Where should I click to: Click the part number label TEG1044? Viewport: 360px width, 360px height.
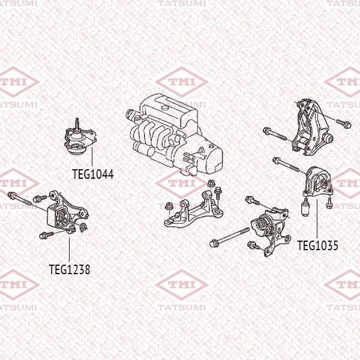tap(93, 174)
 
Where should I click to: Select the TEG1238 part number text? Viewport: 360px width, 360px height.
tap(70, 269)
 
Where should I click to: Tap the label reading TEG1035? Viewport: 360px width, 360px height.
tap(317, 245)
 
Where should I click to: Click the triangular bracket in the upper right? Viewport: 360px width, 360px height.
tap(310, 127)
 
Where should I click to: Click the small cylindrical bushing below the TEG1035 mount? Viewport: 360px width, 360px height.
tap(305, 208)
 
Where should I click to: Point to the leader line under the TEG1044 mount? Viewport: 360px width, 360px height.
tap(92, 157)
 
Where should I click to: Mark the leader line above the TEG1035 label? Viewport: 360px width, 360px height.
tap(317, 219)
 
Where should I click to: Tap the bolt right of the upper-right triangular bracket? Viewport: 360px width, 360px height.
tap(343, 124)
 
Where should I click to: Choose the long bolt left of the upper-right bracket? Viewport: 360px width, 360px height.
tap(275, 134)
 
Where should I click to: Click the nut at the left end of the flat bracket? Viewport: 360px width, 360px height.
tap(169, 206)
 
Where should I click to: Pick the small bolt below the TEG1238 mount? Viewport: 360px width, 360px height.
tap(46, 235)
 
